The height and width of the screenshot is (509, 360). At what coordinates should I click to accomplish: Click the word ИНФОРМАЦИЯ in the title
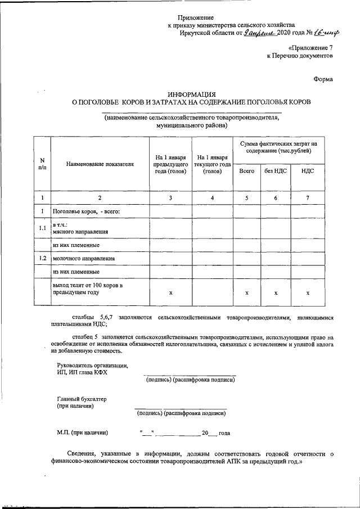[192, 93]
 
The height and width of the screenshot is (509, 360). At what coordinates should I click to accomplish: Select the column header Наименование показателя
[100, 164]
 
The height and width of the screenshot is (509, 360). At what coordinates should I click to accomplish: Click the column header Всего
[246, 170]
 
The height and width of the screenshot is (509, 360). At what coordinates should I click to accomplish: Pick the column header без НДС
[276, 170]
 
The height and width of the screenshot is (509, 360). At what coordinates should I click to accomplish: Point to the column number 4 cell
[212, 197]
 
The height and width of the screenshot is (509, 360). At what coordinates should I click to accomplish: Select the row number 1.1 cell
[42, 228]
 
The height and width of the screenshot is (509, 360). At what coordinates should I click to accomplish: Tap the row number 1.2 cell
[42, 258]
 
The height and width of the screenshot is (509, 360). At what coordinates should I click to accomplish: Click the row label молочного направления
[84, 259]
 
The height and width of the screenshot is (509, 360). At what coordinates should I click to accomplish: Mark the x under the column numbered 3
[170, 293]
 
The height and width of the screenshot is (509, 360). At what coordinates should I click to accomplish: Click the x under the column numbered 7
[307, 293]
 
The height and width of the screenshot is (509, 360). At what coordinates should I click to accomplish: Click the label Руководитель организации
[89, 365]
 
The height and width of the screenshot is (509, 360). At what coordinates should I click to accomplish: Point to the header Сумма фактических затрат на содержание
[276, 148]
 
